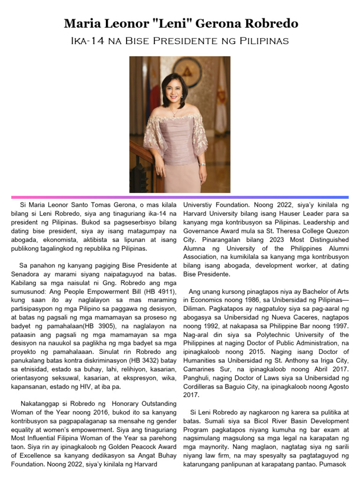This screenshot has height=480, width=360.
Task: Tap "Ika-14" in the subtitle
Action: tap(87, 41)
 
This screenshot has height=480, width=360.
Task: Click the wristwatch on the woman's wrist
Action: tap(202, 164)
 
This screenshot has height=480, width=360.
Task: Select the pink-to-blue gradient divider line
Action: tap(180, 197)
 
